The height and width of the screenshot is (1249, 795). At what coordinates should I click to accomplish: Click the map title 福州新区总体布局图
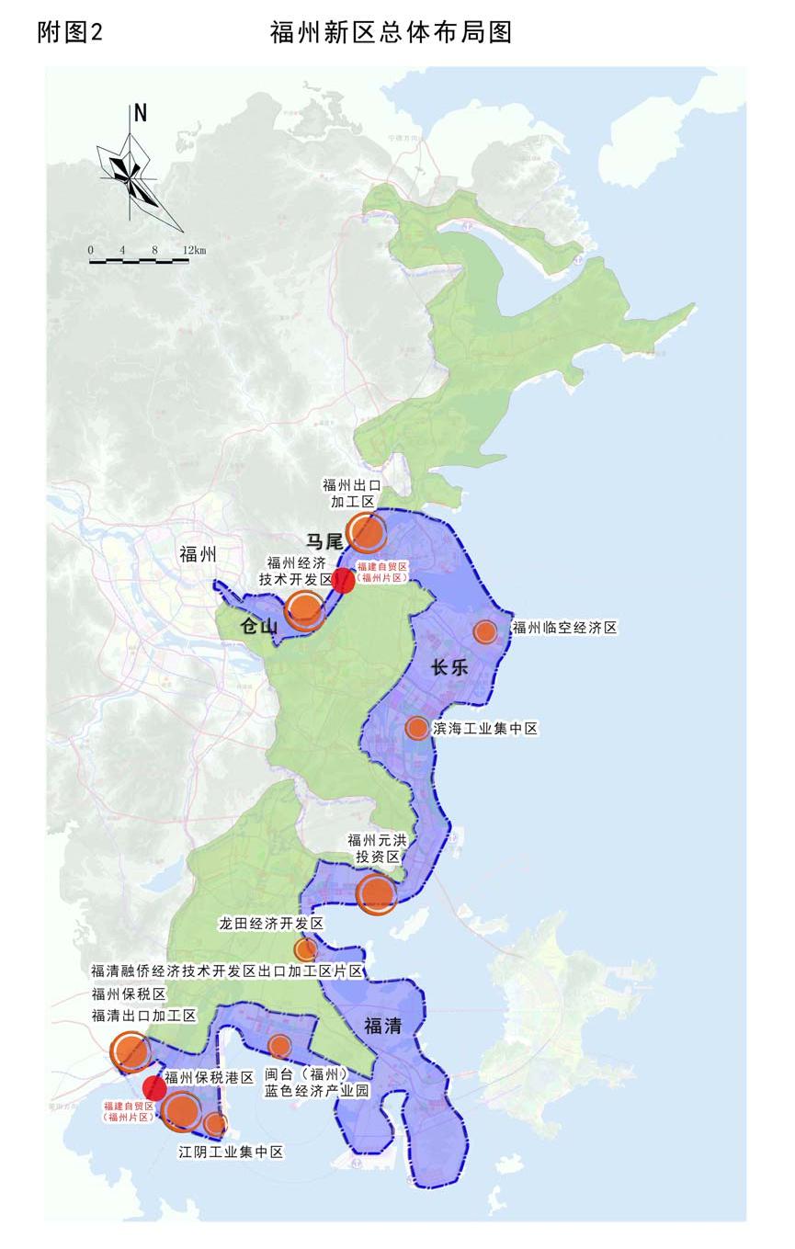pos(391,33)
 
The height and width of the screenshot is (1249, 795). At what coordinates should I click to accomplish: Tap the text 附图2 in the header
pos(70,33)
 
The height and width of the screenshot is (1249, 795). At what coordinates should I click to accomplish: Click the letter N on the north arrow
pos(140,114)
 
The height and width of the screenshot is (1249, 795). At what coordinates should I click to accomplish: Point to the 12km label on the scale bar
pos(194,250)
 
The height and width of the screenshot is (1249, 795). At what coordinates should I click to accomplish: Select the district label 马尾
pos(324,542)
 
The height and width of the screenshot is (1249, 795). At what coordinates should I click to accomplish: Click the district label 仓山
pos(258,627)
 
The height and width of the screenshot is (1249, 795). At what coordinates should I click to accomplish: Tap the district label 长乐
pos(450,667)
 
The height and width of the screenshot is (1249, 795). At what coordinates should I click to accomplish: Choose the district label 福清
pos(383,1027)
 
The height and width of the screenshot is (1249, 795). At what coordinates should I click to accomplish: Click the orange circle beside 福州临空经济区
pos(484,631)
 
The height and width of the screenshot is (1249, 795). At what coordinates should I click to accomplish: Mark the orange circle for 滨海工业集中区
pos(416,728)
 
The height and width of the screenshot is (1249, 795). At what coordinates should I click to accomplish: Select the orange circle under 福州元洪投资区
pos(376,893)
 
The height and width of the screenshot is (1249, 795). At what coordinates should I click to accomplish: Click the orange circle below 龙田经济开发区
pos(305,949)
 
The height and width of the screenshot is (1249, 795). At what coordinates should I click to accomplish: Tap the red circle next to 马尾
pos(343,580)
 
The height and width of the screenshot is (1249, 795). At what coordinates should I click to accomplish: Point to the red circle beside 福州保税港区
pos(154,1088)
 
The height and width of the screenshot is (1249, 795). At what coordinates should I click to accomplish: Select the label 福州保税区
pos(128,994)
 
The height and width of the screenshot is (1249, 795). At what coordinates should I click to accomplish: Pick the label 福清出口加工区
pos(144,1016)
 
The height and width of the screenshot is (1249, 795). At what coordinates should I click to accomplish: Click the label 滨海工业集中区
pos(484,729)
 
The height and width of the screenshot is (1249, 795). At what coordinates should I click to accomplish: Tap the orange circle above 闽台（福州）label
pos(279,1045)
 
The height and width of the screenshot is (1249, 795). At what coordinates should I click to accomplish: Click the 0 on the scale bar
pos(90,250)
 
